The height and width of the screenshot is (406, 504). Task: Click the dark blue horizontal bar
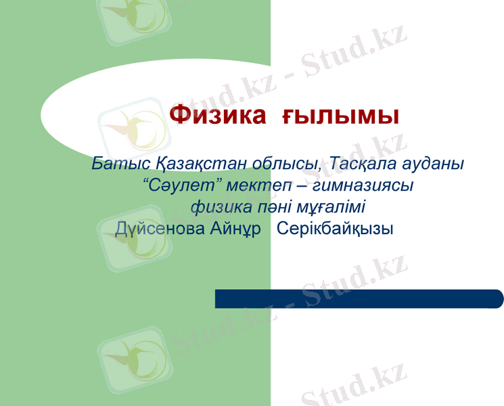pyautogui.click(x=359, y=298)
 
